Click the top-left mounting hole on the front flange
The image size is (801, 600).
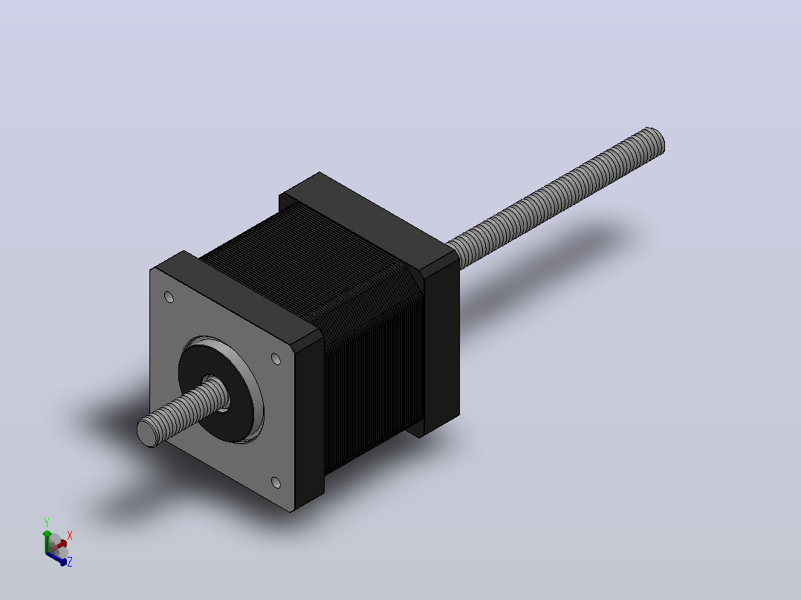click(x=169, y=297)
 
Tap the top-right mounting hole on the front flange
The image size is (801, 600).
click(x=276, y=359)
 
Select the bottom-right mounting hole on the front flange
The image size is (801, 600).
click(x=276, y=483)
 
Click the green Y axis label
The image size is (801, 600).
click(x=47, y=523)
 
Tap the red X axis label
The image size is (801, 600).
click(x=70, y=535)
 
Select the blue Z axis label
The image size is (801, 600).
click(x=70, y=561)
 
